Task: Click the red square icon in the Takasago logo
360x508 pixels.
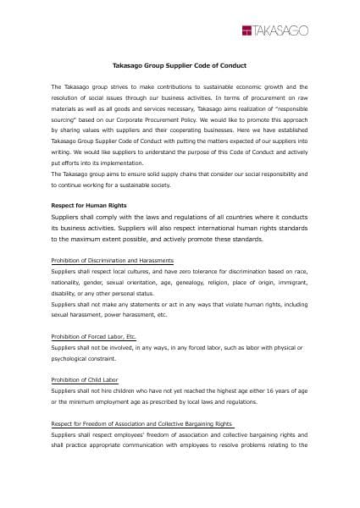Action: (246, 31)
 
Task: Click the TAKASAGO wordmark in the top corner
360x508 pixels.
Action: (281, 31)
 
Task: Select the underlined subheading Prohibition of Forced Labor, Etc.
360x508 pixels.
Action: (94, 336)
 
